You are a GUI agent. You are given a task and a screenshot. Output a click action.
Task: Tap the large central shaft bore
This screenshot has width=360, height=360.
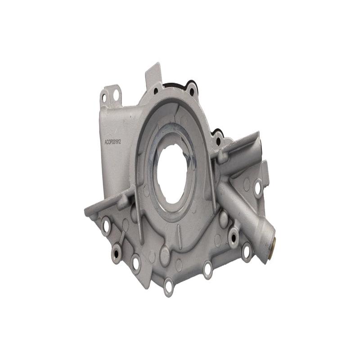(x=172, y=173)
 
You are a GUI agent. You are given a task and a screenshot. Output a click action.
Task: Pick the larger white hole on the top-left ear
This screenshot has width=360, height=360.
(x=115, y=95)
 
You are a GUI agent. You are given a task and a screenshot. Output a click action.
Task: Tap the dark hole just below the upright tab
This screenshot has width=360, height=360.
(x=156, y=91)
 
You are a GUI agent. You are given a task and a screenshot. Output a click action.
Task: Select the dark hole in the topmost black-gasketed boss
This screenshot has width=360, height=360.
(x=192, y=92)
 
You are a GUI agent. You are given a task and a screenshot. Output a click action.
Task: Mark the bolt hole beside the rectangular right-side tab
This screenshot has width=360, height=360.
(x=258, y=188)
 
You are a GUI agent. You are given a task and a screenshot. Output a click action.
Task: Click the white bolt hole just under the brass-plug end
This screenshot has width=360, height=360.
(x=246, y=252)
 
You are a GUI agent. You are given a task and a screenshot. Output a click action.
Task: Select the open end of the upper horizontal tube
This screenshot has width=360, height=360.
(x=260, y=146)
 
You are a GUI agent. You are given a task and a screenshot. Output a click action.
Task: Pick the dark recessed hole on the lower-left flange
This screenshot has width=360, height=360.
(x=116, y=253)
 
